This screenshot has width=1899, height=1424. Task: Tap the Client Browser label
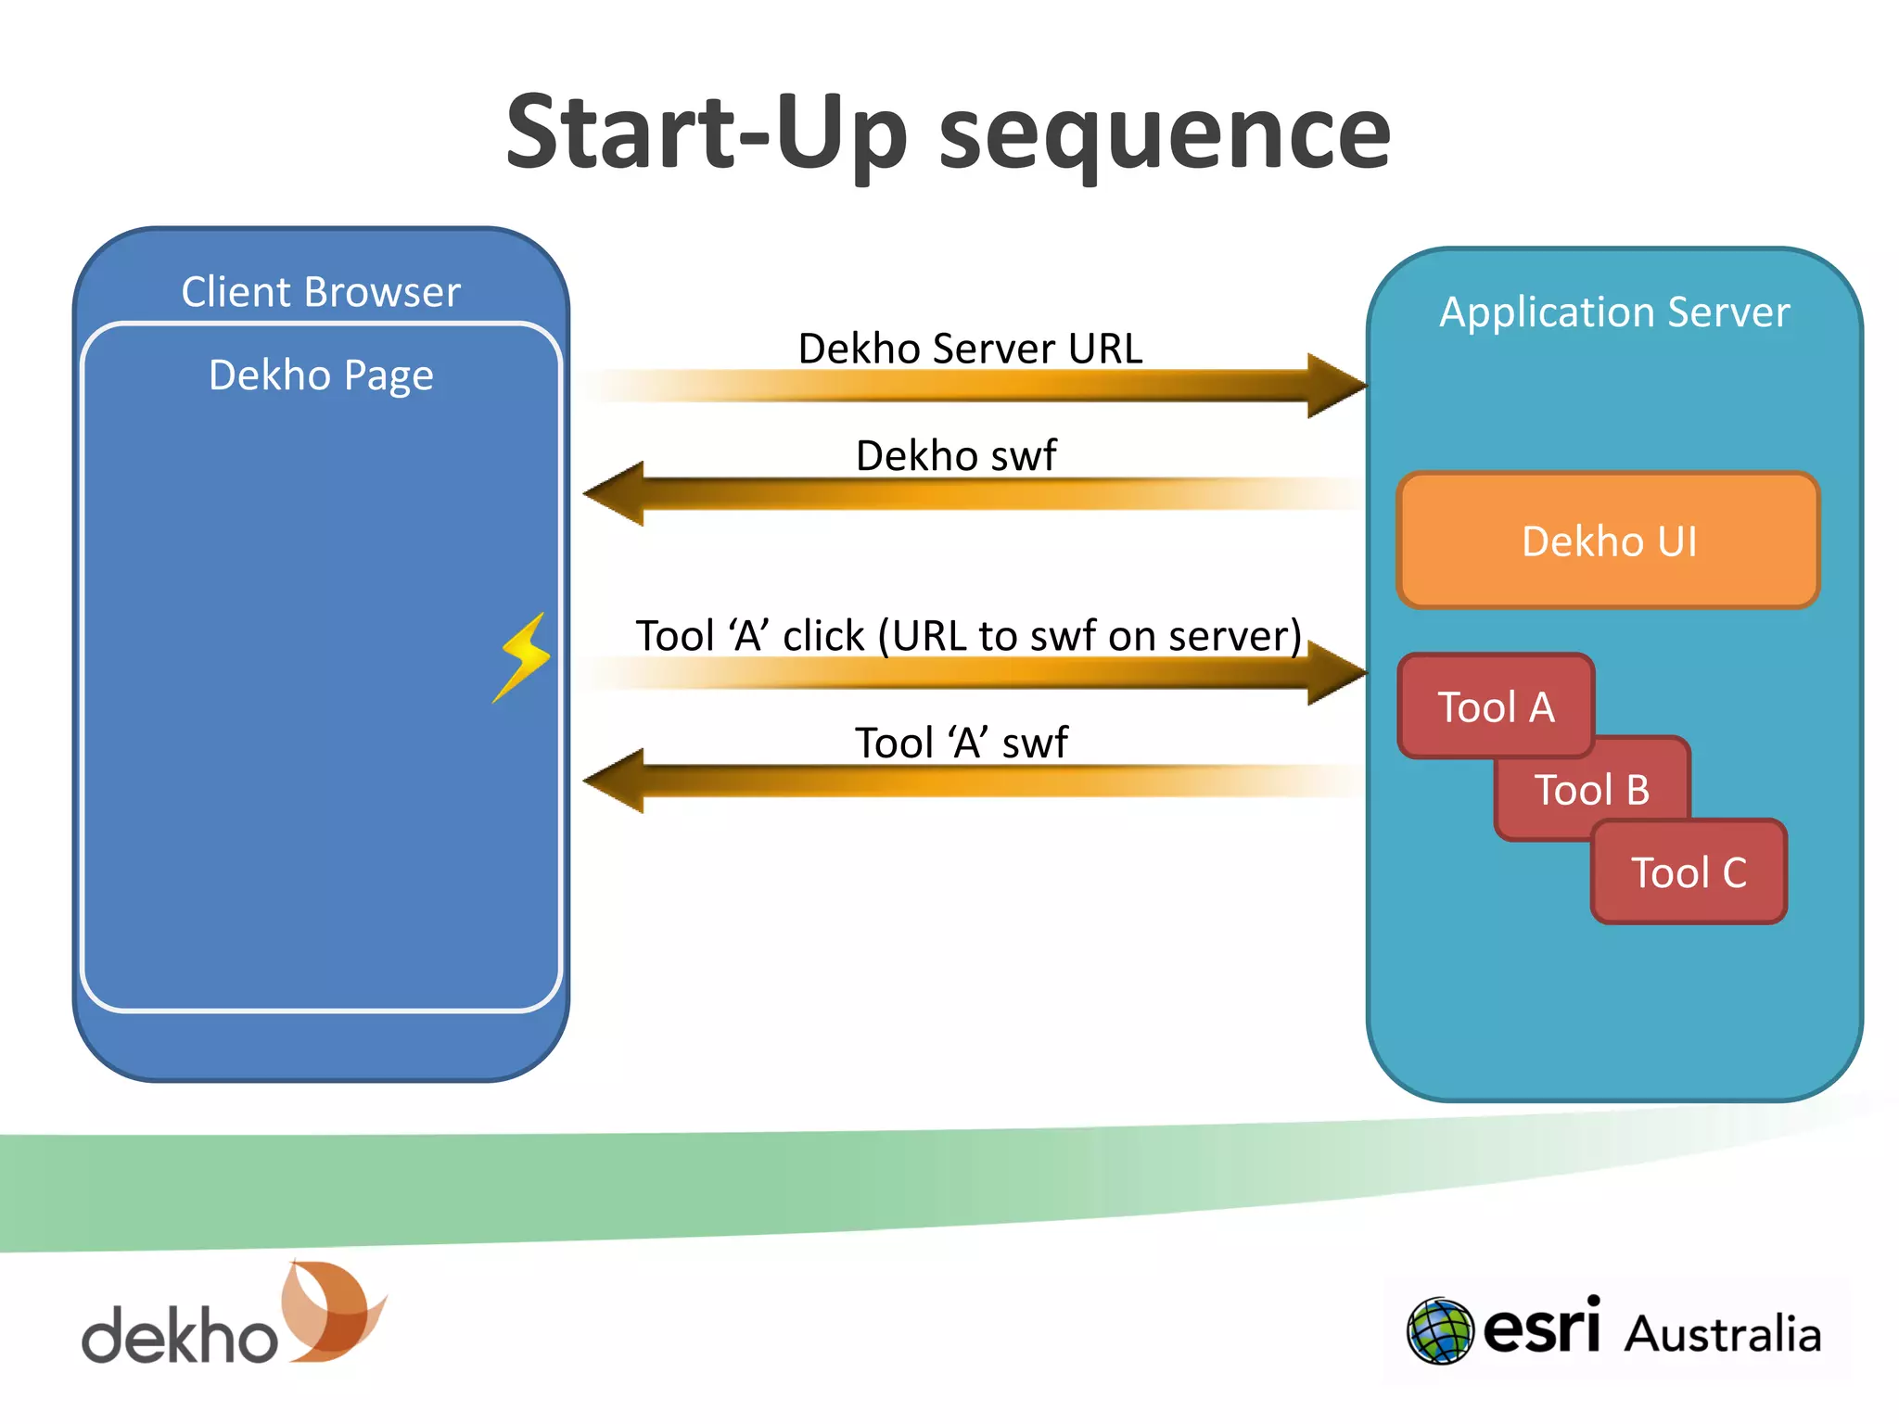click(x=321, y=292)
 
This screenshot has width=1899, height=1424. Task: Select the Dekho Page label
click(x=321, y=375)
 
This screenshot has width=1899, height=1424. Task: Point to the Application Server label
click(x=1614, y=311)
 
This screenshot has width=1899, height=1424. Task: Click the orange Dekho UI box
click(x=1609, y=540)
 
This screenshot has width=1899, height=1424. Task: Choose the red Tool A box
click(x=1496, y=706)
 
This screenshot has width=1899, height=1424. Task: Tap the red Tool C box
click(x=1689, y=872)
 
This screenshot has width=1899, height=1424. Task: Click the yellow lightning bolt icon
click(x=524, y=656)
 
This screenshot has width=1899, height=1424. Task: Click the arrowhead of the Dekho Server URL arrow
click(x=1335, y=385)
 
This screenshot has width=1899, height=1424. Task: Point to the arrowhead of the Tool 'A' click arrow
click(x=1335, y=672)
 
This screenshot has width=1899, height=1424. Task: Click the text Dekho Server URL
click(x=970, y=349)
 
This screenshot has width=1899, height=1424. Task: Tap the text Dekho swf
click(x=955, y=455)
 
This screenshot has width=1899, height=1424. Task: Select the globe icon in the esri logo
click(x=1439, y=1330)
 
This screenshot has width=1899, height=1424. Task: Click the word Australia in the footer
click(x=1723, y=1334)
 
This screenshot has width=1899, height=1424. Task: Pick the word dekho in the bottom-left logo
click(x=180, y=1335)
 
